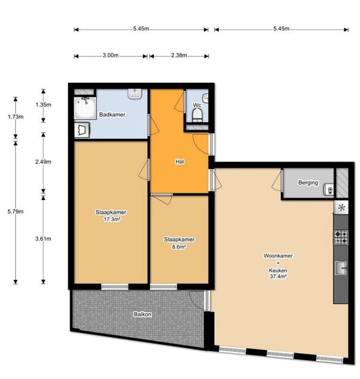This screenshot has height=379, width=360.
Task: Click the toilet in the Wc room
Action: [197, 115]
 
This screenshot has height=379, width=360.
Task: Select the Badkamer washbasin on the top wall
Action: [135, 94]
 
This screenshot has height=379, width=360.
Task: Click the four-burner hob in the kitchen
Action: [341, 237]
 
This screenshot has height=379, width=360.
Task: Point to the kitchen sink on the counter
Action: [341, 268]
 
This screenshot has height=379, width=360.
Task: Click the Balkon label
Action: [143, 314]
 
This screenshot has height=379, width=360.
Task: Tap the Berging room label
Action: [308, 183]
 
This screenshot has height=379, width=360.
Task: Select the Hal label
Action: [179, 162]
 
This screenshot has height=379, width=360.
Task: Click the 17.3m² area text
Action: [112, 219]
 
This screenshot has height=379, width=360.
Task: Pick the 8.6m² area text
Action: [179, 247]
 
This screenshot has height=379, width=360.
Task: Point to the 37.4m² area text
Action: [278, 276]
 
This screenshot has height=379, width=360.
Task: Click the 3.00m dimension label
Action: [110, 55]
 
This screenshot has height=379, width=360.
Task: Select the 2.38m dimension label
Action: [179, 55]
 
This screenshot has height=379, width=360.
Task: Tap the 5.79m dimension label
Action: [16, 211]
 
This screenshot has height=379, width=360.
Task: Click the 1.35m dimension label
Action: [43, 105]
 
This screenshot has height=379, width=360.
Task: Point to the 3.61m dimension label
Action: [43, 239]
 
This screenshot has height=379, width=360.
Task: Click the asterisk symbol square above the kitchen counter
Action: [341, 207]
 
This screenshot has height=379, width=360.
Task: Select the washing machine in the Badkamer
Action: [82, 130]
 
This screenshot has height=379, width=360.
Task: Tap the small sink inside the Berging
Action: [329, 190]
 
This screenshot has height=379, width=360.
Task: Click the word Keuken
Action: [278, 270]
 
